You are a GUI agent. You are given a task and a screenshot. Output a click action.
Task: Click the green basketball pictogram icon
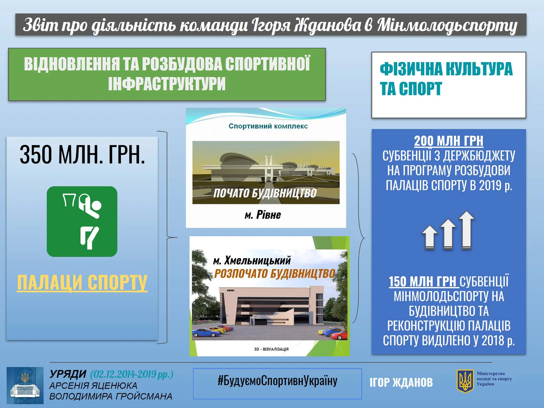(x=82, y=222)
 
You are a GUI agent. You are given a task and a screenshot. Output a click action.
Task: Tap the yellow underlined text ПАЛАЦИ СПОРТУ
(x=82, y=283)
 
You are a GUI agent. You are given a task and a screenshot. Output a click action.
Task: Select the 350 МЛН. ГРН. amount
(x=82, y=155)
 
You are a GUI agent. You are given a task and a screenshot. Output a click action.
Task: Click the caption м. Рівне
(x=263, y=215)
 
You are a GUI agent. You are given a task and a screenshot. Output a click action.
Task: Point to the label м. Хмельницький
(x=252, y=261)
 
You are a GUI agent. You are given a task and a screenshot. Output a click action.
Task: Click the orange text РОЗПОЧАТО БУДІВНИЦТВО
(x=275, y=274)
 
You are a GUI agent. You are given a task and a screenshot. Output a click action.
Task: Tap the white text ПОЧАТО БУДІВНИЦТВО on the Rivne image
(x=265, y=193)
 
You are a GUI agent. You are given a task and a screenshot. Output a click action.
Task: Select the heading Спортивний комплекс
(x=268, y=126)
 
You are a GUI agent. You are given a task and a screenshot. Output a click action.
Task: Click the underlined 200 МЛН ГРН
(x=449, y=141)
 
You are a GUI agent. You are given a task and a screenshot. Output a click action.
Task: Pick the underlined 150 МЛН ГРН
(x=424, y=282)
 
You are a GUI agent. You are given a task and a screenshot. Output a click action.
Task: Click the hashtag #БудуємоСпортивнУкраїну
(x=277, y=381)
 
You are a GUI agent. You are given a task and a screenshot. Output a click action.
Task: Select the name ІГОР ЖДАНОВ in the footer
(x=401, y=382)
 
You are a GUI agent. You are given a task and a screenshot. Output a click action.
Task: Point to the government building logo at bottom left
(x=25, y=385)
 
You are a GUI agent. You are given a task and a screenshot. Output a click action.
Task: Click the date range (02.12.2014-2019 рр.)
(x=132, y=375)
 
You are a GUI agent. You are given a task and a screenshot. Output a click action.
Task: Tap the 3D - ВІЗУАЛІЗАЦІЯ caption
(x=271, y=349)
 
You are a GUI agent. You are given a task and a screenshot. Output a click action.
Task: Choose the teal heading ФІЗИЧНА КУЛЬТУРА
(x=446, y=69)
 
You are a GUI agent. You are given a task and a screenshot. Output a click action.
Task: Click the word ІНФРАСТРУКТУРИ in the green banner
(x=167, y=83)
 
